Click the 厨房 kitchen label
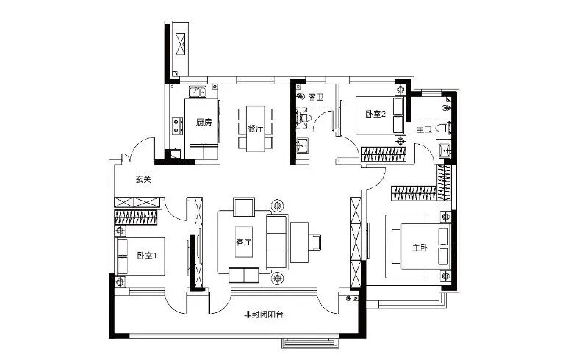(204, 123)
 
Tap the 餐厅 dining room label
(256, 129)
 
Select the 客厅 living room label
(244, 242)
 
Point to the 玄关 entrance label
(143, 179)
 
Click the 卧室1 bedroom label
(147, 256)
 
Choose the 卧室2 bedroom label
(375, 114)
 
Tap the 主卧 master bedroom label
(420, 248)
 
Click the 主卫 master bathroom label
(424, 129)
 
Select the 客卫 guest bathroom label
(316, 97)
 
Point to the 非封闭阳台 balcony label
(264, 314)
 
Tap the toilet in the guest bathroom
(303, 118)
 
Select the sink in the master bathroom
(444, 150)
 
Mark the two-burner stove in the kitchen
(177, 126)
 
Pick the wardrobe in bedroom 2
(384, 154)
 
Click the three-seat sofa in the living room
(277, 242)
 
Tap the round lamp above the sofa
(278, 206)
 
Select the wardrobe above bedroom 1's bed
(136, 217)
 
